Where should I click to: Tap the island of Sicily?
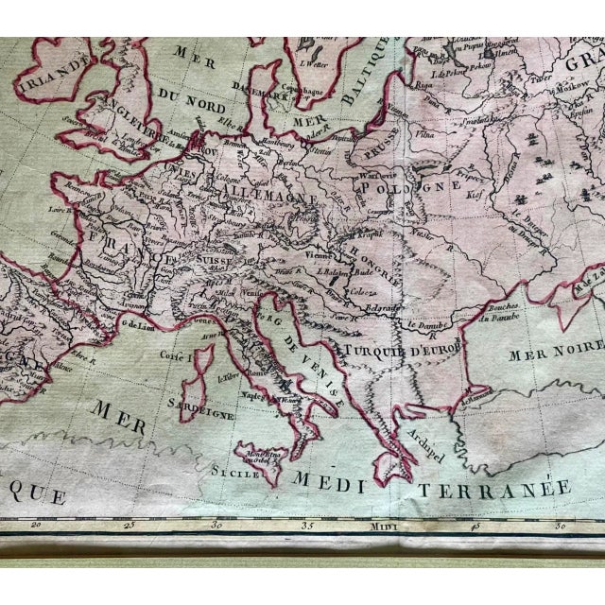tap(264, 458)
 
